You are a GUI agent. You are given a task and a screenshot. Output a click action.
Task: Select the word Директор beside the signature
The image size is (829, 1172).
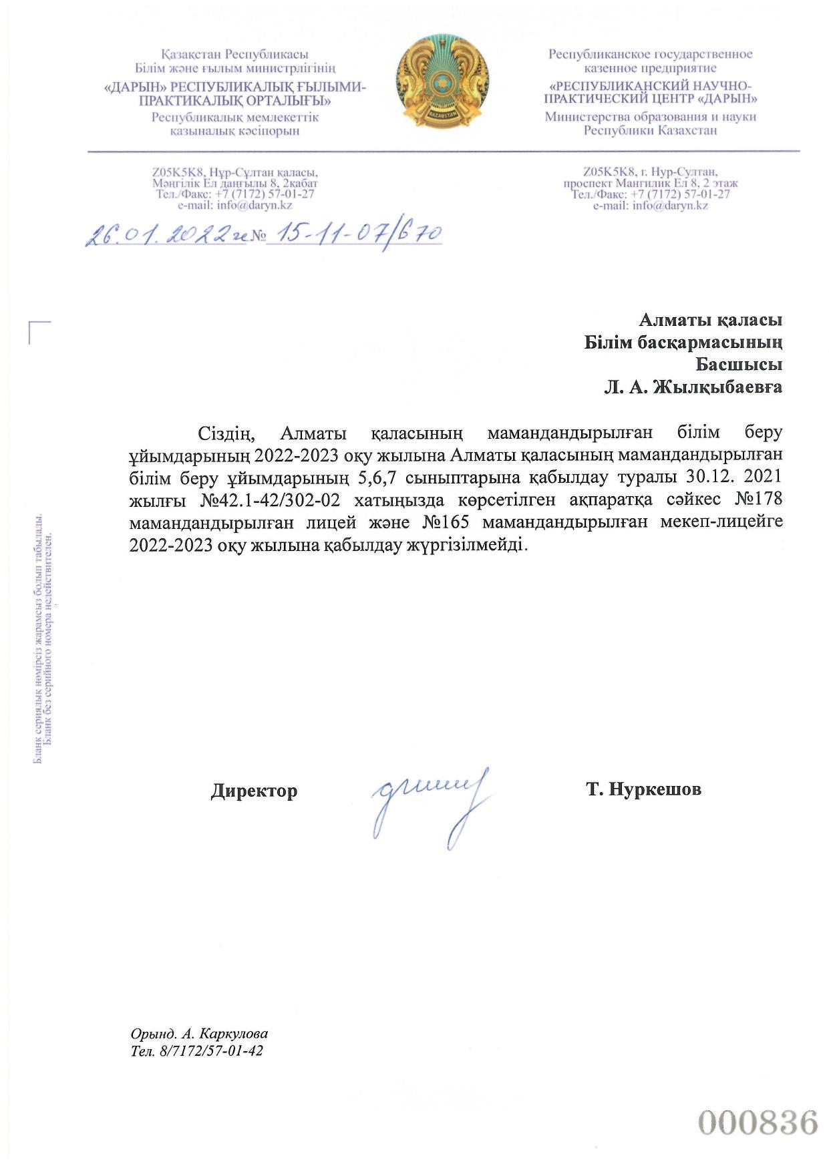tap(254, 791)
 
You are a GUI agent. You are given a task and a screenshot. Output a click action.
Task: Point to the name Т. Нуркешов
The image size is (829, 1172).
tap(643, 789)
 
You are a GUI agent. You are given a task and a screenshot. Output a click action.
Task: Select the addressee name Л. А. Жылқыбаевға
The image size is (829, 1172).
tap(693, 387)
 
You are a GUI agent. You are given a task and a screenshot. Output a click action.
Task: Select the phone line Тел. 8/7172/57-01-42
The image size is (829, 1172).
tap(198, 1052)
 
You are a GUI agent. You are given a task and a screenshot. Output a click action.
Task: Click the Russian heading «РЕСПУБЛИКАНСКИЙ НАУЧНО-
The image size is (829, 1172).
tap(651, 86)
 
